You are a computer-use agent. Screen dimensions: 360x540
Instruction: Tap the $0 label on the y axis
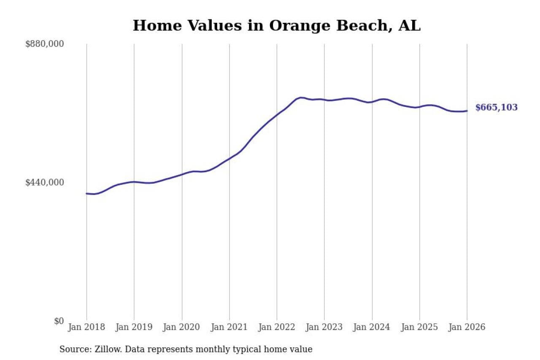tap(59, 321)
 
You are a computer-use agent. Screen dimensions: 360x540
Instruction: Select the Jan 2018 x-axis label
tap(86, 328)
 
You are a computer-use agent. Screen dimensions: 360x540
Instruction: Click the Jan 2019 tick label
tap(134, 328)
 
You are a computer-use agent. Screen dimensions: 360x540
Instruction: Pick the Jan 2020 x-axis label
tap(182, 328)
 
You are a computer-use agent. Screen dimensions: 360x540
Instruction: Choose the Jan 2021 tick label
tap(229, 328)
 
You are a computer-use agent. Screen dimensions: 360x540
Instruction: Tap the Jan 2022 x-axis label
tap(277, 328)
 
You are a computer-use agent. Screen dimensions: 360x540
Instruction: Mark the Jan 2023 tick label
tap(324, 328)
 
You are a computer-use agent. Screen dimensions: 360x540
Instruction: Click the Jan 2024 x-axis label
tap(372, 328)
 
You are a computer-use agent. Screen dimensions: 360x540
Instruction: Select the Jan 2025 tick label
tap(419, 328)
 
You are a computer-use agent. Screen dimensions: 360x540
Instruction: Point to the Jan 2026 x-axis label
tap(467, 328)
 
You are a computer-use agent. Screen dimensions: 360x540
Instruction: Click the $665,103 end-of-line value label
tap(496, 108)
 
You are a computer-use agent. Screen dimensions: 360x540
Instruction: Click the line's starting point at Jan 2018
tap(86, 194)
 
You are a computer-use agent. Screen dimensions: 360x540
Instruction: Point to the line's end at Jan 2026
tap(467, 111)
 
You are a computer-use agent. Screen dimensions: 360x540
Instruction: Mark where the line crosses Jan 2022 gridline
tap(277, 114)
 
